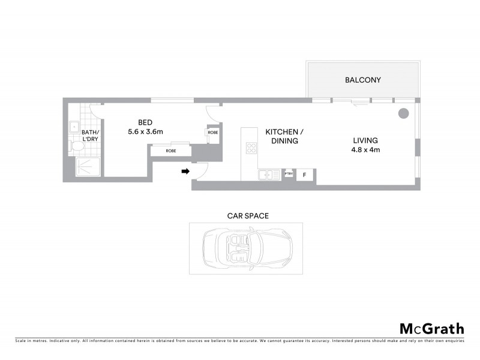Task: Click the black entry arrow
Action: (185, 172)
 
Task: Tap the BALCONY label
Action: (362, 80)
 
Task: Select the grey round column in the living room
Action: (404, 112)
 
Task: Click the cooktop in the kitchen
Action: (250, 148)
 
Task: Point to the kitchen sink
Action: (265, 175)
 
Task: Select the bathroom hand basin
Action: (73, 125)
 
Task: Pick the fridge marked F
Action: (304, 175)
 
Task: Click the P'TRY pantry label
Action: (289, 174)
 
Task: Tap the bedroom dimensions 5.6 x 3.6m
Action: (146, 131)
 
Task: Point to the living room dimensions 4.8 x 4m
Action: (366, 150)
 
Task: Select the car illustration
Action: (247, 248)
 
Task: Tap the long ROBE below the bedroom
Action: (171, 151)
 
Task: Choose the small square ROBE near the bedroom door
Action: (212, 133)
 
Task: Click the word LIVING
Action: (365, 141)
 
